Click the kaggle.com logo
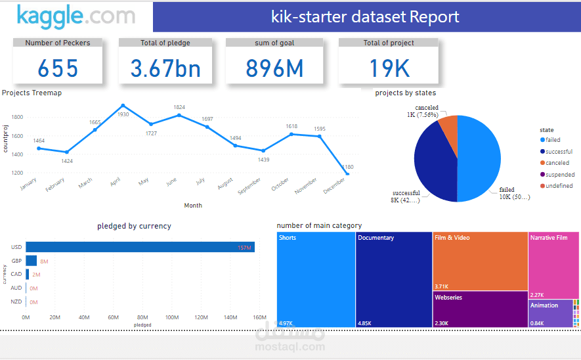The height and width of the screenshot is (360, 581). click(x=76, y=16)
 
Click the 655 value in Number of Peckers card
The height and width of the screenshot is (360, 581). click(x=58, y=68)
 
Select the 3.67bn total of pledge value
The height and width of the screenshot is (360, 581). click(x=165, y=68)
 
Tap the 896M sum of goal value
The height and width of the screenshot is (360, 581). click(x=274, y=68)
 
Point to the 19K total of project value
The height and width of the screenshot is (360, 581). click(x=389, y=68)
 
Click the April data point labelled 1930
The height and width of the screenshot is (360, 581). click(x=123, y=105)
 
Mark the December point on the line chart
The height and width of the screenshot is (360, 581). click(x=347, y=174)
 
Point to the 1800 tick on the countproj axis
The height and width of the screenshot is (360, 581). click(x=17, y=118)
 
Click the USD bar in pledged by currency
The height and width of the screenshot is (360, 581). click(x=140, y=248)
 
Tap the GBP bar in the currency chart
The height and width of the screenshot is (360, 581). click(x=31, y=261)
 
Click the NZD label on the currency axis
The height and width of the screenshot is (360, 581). click(x=16, y=302)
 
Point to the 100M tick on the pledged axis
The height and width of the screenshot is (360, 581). click(x=172, y=317)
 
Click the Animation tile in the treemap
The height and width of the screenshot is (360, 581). click(x=550, y=313)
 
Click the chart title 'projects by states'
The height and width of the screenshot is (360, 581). click(x=405, y=93)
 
